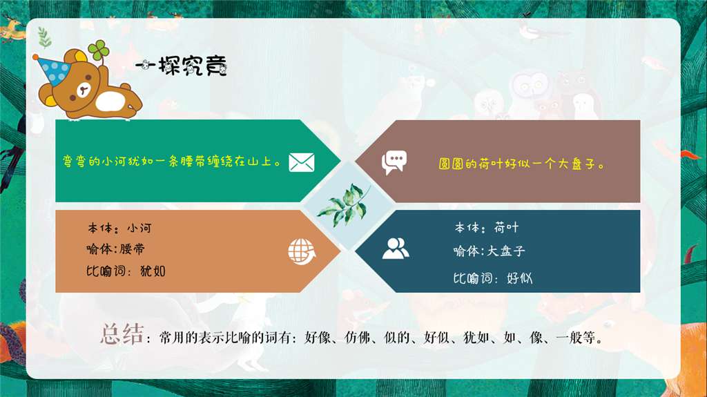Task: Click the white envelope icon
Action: (302, 162)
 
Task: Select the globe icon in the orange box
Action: (301, 252)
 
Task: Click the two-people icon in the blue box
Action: (395, 248)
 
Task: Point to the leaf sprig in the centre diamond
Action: (344, 204)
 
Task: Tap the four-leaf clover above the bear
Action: (98, 50)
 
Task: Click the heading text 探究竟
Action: (193, 66)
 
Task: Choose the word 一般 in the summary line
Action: (569, 339)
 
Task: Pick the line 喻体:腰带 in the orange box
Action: (116, 249)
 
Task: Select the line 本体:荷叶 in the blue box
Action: (486, 228)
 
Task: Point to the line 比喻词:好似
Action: (492, 278)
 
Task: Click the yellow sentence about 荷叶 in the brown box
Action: (522, 165)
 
